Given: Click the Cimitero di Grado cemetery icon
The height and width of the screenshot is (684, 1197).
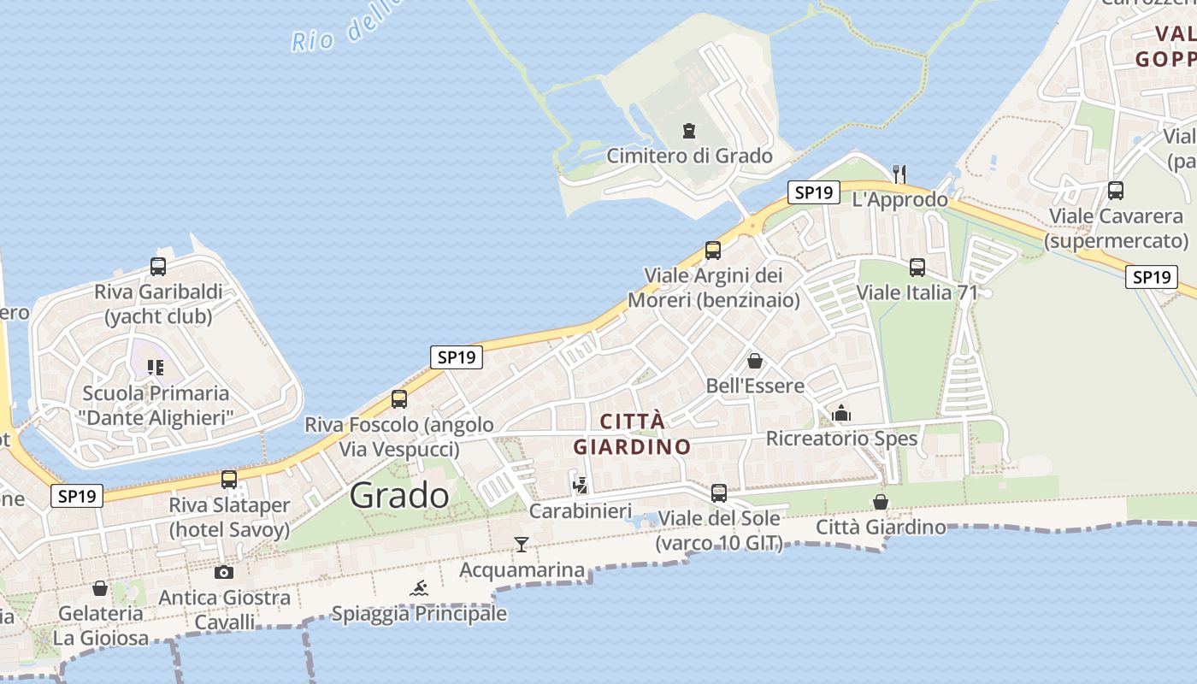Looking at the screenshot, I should point(688,132).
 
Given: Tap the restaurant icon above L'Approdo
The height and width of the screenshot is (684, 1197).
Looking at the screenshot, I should point(899,174).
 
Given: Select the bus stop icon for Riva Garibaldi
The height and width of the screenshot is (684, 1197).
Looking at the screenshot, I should point(158,267).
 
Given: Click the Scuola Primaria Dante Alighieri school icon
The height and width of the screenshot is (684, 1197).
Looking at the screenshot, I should point(155,368).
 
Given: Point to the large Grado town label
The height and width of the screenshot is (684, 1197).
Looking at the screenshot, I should point(399,495).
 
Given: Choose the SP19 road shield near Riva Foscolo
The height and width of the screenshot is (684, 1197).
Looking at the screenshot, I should point(456,357).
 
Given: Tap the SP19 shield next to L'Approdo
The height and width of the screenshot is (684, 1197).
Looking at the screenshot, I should point(813,192).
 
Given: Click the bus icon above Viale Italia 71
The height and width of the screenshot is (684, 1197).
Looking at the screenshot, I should point(917,268).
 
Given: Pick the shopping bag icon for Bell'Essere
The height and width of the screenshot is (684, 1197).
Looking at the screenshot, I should point(754,361).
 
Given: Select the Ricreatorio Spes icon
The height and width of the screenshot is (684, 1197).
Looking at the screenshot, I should point(841,414).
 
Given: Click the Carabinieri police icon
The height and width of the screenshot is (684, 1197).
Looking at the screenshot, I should point(581,486).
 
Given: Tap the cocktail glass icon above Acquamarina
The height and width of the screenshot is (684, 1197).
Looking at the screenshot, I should point(522,544).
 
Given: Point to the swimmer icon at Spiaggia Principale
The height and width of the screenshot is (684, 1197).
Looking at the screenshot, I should point(419,588).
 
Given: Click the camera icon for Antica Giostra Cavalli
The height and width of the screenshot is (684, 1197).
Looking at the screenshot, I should point(224,572).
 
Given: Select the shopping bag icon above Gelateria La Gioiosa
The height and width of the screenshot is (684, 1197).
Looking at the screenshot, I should point(100,588).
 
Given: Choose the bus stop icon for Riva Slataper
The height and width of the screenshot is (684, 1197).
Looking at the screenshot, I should point(229,480).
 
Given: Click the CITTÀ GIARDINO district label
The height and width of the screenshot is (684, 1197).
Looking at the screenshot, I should point(632,433).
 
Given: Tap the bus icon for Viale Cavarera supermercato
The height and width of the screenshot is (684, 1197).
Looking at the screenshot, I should point(1116,191).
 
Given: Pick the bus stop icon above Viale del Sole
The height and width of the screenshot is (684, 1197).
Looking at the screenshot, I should point(719,493).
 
